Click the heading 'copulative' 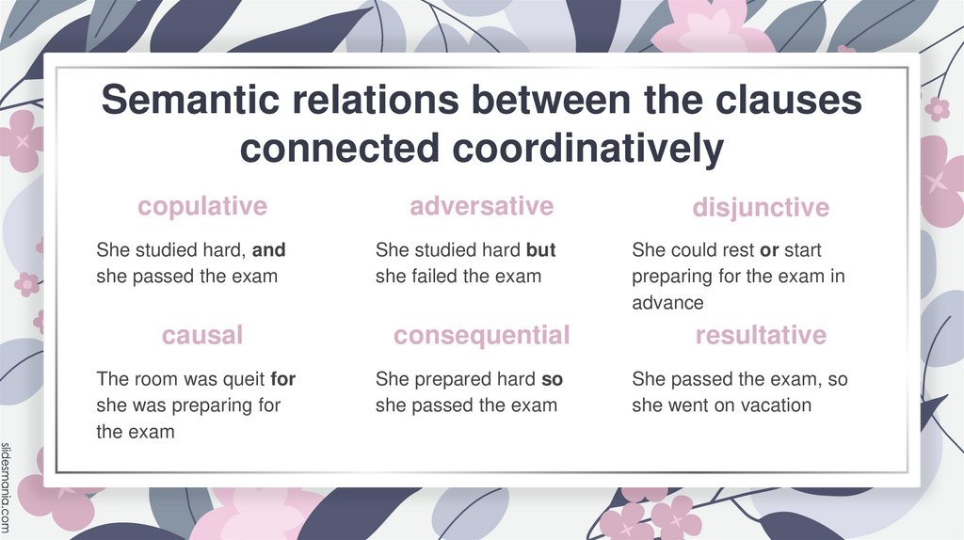202,206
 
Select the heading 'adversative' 481,206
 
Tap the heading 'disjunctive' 761,207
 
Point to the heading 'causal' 202,335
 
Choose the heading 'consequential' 481,335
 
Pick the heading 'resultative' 761,335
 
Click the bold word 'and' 269,251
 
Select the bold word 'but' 541,251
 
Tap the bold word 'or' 768,251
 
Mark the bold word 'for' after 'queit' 282,380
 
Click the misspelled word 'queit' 242,380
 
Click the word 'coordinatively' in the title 570,149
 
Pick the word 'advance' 667,303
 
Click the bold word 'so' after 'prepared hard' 553,380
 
